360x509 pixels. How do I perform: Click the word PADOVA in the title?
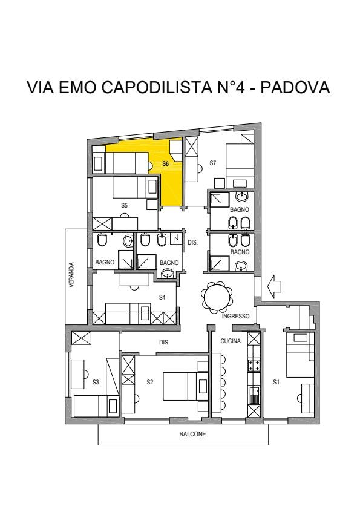(x=295, y=87)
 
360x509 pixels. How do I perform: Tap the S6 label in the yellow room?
(x=166, y=163)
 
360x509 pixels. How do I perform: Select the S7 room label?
(x=212, y=163)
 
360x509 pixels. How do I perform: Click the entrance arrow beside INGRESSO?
(x=274, y=286)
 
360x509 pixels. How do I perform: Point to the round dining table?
(x=217, y=298)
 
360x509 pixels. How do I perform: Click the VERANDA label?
(x=72, y=275)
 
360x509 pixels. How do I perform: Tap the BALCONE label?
(x=192, y=434)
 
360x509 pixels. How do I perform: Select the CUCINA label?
(x=231, y=341)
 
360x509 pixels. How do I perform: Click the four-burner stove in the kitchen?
(x=254, y=365)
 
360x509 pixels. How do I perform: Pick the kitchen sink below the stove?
(x=254, y=395)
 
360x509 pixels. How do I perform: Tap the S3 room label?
(x=96, y=382)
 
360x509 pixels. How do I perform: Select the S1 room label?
(x=276, y=382)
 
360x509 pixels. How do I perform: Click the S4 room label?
(x=162, y=297)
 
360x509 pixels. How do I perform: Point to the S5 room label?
(x=124, y=205)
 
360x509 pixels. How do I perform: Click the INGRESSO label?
(x=236, y=316)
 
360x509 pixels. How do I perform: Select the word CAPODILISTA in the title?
(x=157, y=87)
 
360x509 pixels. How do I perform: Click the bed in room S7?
(x=240, y=162)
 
